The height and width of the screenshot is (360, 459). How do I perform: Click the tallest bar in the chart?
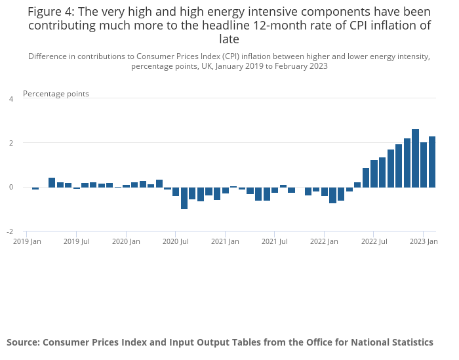coord(415,158)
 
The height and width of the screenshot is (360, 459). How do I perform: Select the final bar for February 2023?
coord(432,162)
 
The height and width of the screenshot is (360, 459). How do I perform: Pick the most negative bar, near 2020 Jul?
coord(184,198)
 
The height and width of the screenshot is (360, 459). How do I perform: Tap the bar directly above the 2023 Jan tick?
coord(424,165)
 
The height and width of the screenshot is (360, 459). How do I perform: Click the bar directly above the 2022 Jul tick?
coord(374,174)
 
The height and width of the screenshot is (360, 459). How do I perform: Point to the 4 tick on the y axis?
coord(10,99)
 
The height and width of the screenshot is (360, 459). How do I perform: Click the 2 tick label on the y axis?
coord(10,143)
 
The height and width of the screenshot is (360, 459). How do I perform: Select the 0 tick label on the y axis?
coord(10,188)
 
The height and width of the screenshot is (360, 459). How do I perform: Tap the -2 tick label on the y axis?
coord(9,231)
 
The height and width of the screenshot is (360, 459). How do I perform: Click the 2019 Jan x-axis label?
coord(28,241)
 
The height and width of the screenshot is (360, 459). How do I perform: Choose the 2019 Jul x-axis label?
coord(77,241)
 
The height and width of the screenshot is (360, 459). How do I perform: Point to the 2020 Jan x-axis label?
coord(126,241)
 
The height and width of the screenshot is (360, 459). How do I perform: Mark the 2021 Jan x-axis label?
coord(225,241)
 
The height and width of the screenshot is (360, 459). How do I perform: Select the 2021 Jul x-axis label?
coord(275,241)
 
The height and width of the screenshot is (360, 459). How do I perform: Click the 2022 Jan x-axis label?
coord(324,241)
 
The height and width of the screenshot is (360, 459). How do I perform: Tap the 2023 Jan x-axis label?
coord(424,241)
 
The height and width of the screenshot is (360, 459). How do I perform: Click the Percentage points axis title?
coord(56,94)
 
